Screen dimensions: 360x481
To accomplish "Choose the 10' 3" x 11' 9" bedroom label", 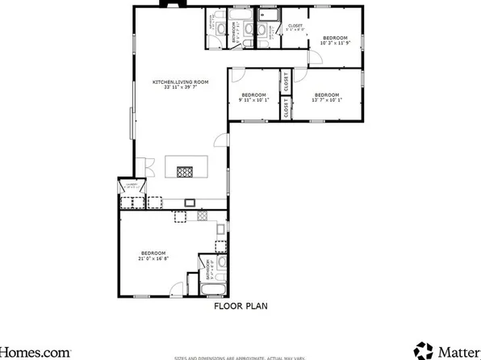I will pyautogui.click(x=334, y=41).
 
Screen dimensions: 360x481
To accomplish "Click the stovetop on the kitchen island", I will pyautogui.click(x=185, y=171).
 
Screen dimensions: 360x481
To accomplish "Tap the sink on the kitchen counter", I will pyautogui.click(x=190, y=203).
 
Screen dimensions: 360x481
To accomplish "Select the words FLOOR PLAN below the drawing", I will pyautogui.click(x=240, y=306).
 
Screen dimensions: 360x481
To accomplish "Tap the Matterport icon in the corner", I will pyautogui.click(x=424, y=350).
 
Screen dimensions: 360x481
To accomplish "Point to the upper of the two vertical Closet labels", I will pyautogui.click(x=286, y=82).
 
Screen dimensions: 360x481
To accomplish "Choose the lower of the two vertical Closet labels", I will pyautogui.click(x=286, y=109).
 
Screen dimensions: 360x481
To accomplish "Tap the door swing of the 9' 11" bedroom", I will pyautogui.click(x=238, y=77).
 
